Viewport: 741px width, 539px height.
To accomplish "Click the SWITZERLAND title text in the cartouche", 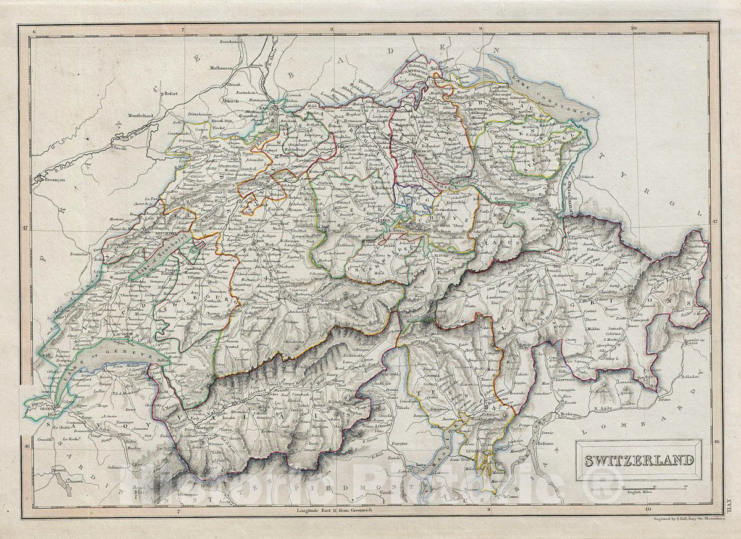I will tap(639, 460).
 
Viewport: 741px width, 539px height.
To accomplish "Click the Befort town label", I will tap(170, 94).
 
